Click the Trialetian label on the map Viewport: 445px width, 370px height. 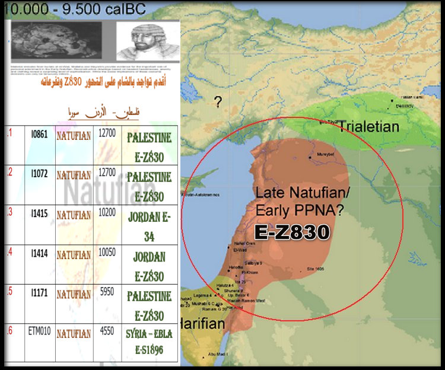click(368, 126)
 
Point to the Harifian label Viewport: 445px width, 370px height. click(201, 324)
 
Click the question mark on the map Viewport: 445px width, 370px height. click(218, 102)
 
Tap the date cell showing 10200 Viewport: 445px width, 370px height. click(106, 215)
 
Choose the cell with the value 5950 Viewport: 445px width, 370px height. click(106, 294)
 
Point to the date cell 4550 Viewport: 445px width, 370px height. click(106, 333)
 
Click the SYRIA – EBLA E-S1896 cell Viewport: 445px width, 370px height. click(149, 342)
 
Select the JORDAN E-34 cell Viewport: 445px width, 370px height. click(149, 225)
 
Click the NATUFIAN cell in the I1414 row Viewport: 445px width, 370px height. click(74, 255)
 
